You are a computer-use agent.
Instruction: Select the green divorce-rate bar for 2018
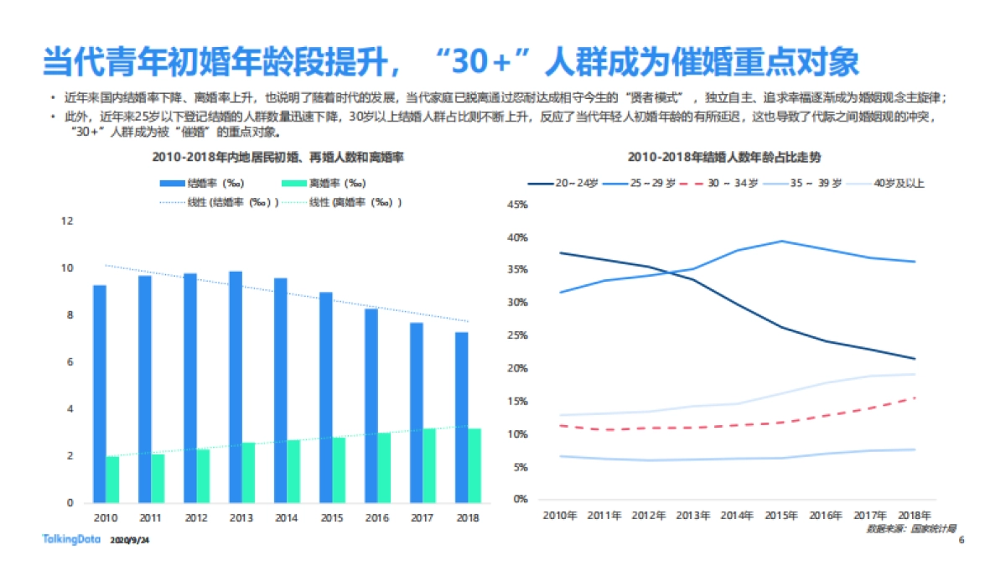[474, 465]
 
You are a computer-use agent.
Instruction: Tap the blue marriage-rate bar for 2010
[100, 394]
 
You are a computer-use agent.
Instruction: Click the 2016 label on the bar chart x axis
[377, 518]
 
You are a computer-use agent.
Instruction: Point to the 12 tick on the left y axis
[68, 221]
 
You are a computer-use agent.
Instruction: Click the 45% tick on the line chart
[517, 205]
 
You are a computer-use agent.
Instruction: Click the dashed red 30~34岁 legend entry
[722, 182]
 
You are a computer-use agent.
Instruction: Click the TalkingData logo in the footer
[72, 539]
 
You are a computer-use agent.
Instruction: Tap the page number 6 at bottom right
[961, 540]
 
